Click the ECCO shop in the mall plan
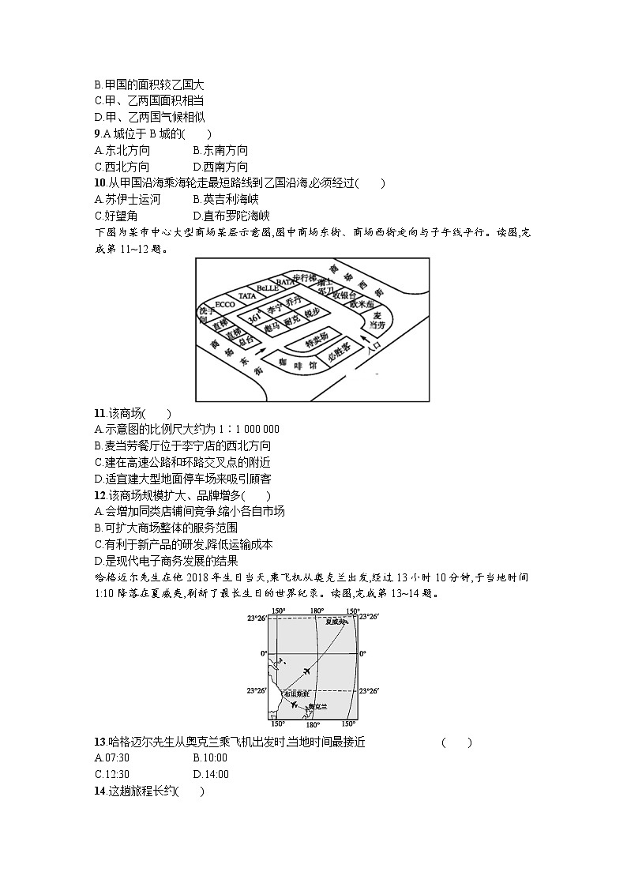pos(224,303)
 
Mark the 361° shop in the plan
pos(254,316)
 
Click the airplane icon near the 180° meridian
pos(305,671)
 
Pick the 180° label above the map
pos(317,611)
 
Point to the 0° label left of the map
pos(264,653)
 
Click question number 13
pos(99,742)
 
